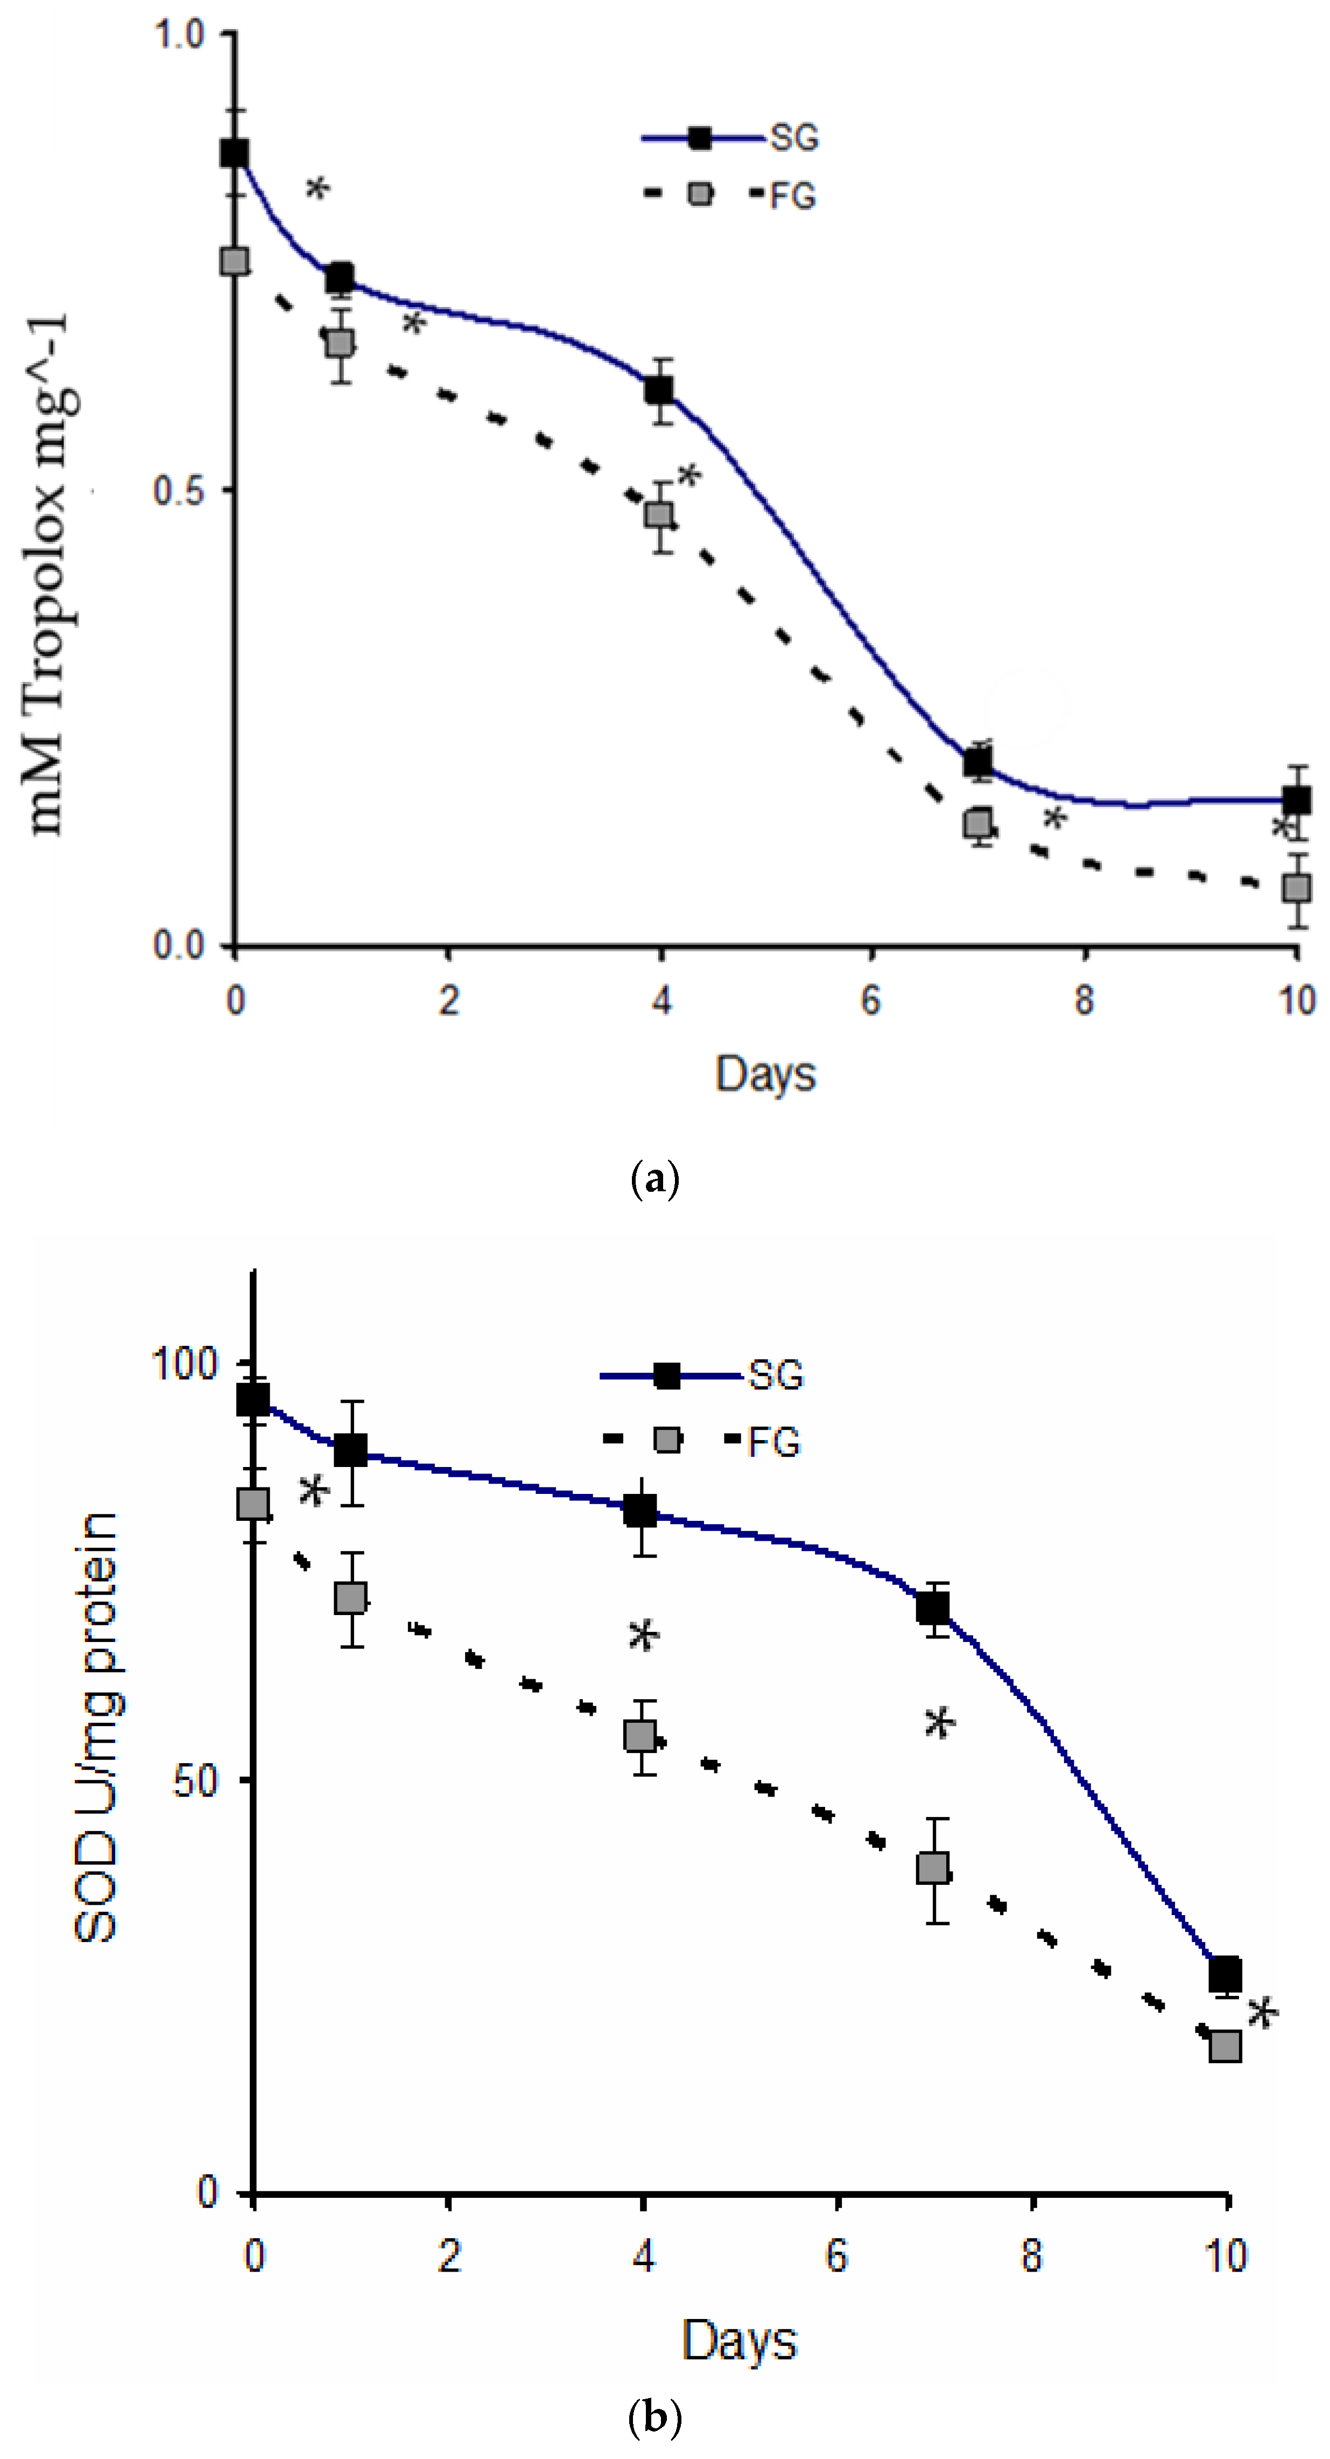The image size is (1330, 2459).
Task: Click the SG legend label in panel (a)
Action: click(x=794, y=138)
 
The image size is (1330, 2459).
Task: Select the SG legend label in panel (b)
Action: click(x=776, y=1375)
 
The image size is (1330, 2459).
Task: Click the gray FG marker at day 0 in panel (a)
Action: click(x=235, y=262)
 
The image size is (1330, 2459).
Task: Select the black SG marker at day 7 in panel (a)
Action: click(x=978, y=762)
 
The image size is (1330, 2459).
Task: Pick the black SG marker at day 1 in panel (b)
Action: click(x=351, y=1450)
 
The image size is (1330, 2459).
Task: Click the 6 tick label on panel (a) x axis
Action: click(x=871, y=1001)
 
